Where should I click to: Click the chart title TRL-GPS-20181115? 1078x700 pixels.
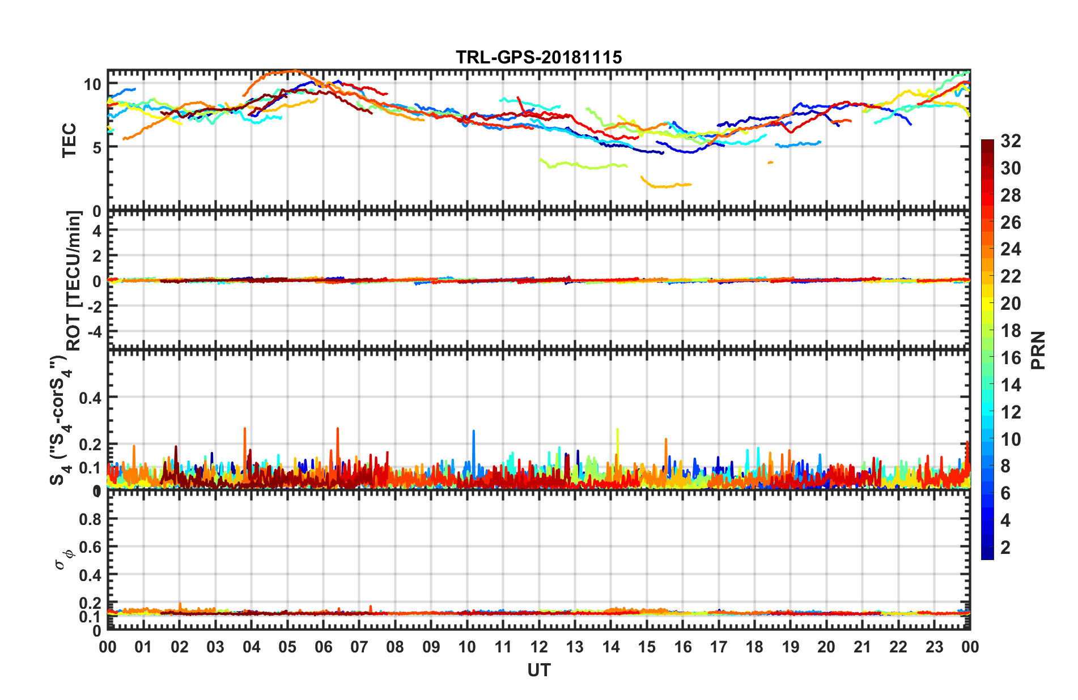pos(538,58)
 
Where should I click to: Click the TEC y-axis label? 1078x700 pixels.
pos(69,140)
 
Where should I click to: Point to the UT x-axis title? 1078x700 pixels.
pos(538,671)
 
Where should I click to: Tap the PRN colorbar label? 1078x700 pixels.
pos(1038,350)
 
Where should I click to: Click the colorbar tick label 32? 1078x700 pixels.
pos(1011,141)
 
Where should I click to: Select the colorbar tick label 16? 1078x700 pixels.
pos(1011,358)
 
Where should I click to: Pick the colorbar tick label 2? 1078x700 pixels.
pos(1005,548)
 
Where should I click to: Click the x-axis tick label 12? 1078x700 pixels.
pos(539,647)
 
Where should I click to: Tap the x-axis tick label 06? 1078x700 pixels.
pos(323,647)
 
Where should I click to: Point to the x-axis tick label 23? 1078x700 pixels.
pos(934,647)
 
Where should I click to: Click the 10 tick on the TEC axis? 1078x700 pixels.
pos(92,85)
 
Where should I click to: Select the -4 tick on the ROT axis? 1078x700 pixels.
pos(93,331)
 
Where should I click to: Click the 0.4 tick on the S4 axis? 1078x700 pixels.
pos(90,398)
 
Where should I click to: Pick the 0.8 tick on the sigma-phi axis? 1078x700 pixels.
pos(90,519)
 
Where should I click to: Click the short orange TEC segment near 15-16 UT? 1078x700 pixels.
pos(667,184)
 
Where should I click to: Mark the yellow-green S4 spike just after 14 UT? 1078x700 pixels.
pos(617,439)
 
